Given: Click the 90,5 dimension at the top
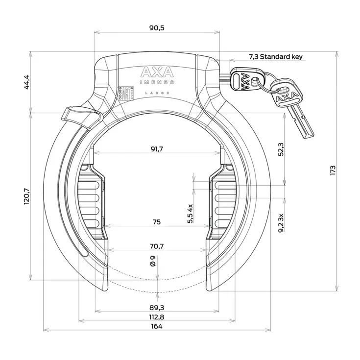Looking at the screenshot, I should point(157,28).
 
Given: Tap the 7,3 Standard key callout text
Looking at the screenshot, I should point(276,57).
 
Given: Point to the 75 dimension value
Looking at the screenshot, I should point(156,222).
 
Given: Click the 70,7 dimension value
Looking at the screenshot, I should point(157,246).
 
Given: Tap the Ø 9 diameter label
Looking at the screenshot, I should point(152,261).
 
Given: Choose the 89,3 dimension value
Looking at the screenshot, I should point(157,307).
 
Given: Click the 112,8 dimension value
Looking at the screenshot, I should point(157,317).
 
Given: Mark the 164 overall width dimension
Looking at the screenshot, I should point(157,327).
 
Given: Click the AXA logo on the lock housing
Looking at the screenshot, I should point(157,72).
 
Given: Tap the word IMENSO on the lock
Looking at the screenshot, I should point(157,83).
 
